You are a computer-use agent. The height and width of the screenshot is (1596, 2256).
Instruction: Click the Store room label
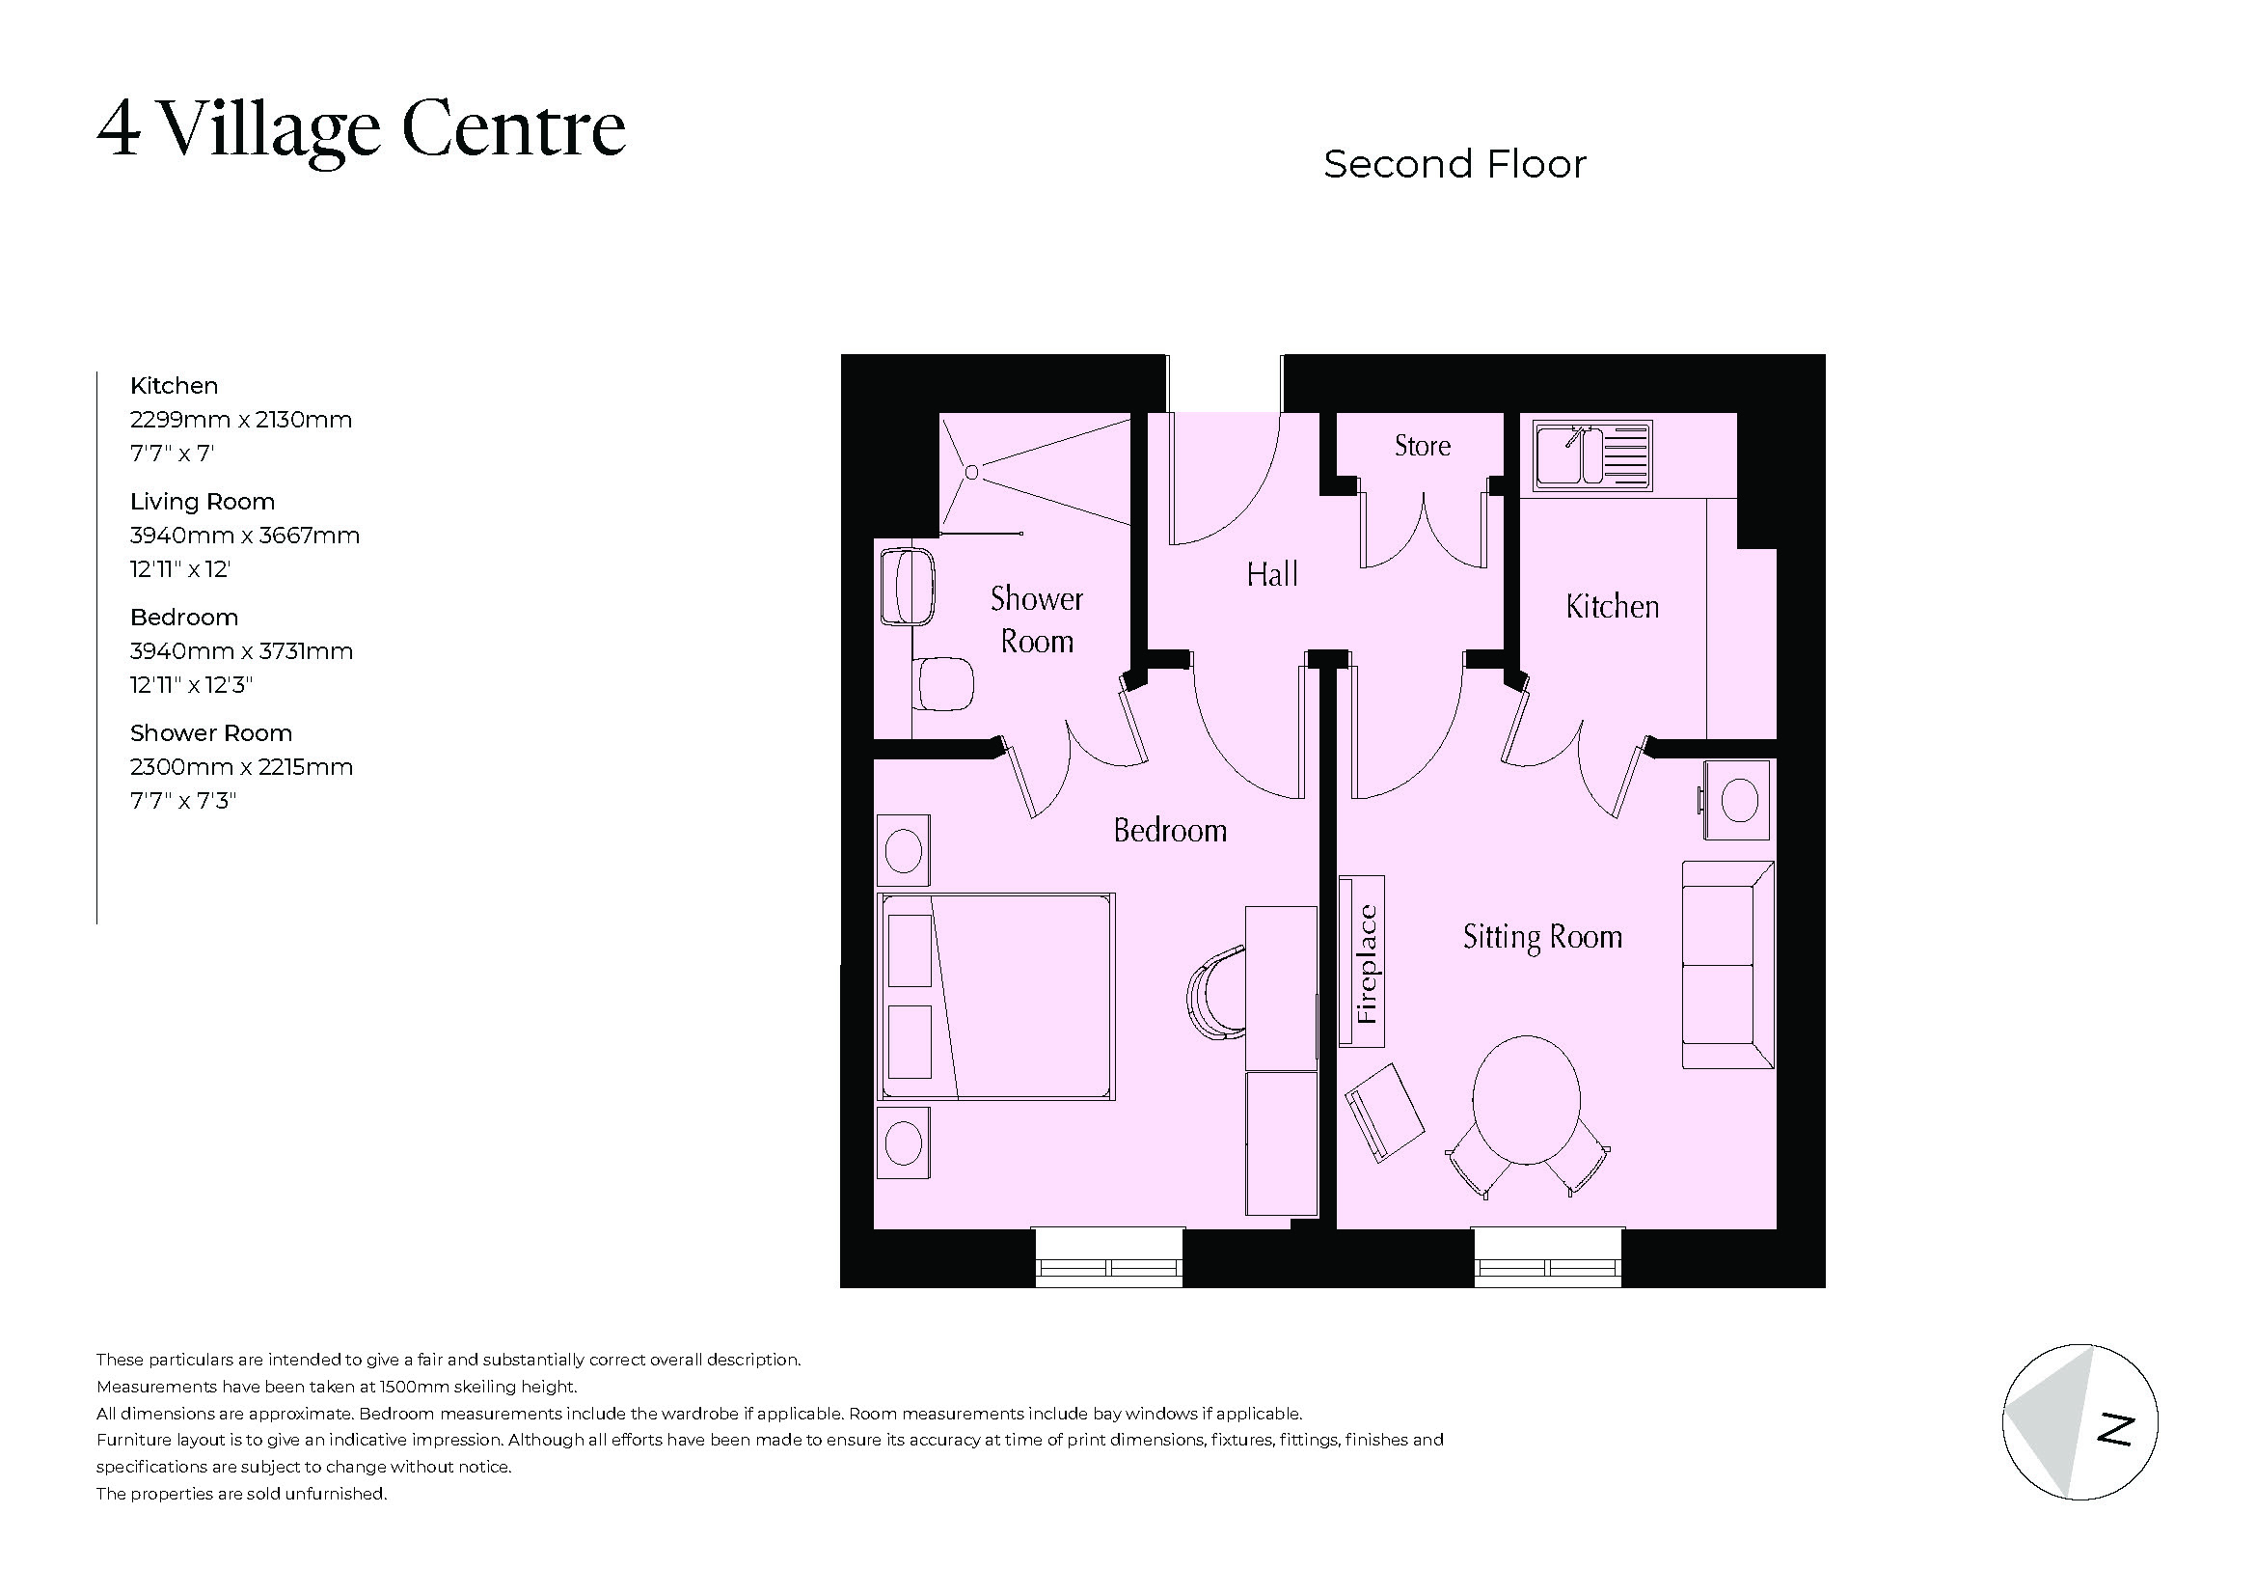point(1422,446)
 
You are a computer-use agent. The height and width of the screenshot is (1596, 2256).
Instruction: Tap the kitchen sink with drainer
point(1592,457)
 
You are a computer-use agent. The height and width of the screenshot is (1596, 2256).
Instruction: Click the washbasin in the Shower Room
point(909,588)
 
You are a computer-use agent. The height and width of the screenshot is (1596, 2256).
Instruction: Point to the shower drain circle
point(971,473)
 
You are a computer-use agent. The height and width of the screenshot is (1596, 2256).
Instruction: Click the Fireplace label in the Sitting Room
point(1366,963)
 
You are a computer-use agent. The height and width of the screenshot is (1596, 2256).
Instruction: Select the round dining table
point(1526,1100)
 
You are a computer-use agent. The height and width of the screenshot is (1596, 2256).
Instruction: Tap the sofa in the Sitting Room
point(1726,964)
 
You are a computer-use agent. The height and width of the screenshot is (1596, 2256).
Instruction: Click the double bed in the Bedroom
point(996,996)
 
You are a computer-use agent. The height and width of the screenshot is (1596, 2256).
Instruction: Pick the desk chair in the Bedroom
point(1215,994)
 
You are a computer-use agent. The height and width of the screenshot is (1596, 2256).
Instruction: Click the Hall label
point(1271,575)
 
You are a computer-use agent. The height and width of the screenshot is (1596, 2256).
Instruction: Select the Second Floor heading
point(1454,165)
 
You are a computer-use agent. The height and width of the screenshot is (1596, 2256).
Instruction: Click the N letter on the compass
point(2115,1430)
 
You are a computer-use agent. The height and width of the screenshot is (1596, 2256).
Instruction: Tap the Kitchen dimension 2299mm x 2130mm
point(241,420)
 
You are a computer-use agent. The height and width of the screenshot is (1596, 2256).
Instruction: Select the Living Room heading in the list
point(203,502)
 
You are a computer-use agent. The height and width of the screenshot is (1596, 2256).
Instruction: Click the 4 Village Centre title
point(362,128)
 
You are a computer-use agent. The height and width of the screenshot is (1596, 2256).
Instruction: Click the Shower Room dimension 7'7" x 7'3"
point(184,801)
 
